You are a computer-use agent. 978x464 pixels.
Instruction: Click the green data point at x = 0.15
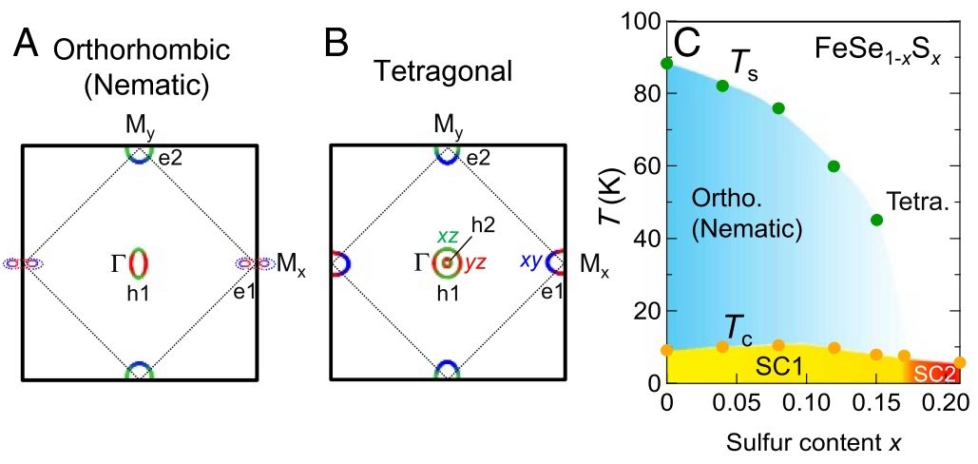[876, 221]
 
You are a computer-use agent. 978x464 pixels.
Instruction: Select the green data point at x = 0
[667, 64]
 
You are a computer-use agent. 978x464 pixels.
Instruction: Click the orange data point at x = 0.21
[960, 362]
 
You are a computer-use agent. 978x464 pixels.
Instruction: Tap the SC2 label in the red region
[936, 375]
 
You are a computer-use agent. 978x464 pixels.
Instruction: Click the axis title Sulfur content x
[809, 441]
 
